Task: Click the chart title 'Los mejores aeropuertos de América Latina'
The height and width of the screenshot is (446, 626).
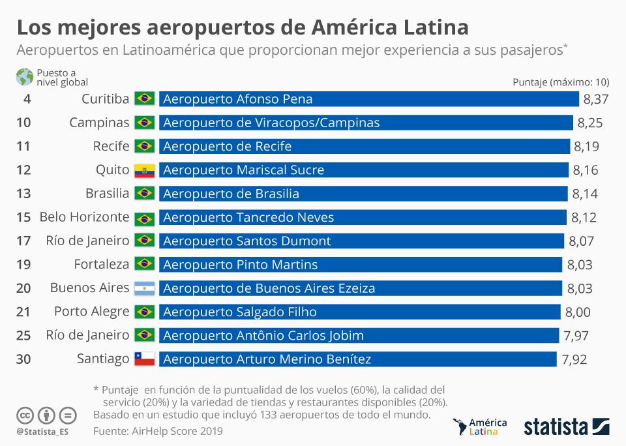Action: pos(242,27)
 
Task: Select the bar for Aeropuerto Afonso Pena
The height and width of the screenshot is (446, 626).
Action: pos(368,99)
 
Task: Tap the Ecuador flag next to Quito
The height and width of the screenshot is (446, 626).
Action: pos(144,170)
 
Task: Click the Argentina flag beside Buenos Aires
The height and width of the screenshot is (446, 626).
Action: pos(144,288)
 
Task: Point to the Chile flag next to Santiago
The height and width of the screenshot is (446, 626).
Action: pos(144,359)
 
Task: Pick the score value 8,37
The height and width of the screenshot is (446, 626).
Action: pos(596,99)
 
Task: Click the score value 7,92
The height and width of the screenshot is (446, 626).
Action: pos(574,359)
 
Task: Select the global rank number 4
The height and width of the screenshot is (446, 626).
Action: pos(27,99)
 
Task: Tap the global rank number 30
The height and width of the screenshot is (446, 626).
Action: pos(23,359)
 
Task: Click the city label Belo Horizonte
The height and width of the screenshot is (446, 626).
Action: pos(84,217)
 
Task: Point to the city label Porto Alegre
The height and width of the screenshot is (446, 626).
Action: pos(91,312)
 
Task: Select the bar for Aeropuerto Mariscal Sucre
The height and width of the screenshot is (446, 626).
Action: pos(363,170)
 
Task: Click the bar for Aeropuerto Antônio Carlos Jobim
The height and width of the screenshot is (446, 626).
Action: pos(359,336)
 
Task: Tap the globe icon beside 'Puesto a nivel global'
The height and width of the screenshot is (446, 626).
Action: pos(25,77)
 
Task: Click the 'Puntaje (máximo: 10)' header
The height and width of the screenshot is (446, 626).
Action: pos(561,82)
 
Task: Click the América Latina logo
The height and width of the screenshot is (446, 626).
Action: pos(479,426)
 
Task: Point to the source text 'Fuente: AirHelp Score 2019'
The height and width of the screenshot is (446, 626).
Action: pos(158,431)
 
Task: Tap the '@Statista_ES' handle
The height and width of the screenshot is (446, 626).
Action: pos(44,432)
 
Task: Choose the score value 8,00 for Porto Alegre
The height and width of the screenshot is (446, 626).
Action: pos(578,312)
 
